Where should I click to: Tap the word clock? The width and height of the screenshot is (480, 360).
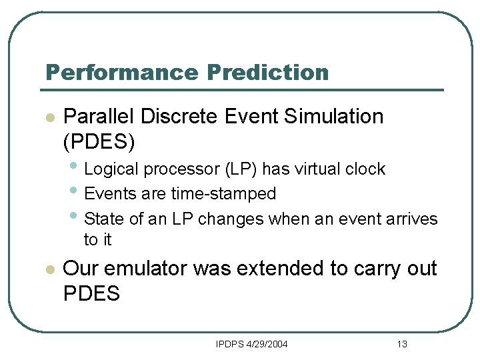point(365,169)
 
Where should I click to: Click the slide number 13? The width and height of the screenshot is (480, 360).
point(401,344)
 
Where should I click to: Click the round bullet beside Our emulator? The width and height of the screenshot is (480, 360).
point(48,270)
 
